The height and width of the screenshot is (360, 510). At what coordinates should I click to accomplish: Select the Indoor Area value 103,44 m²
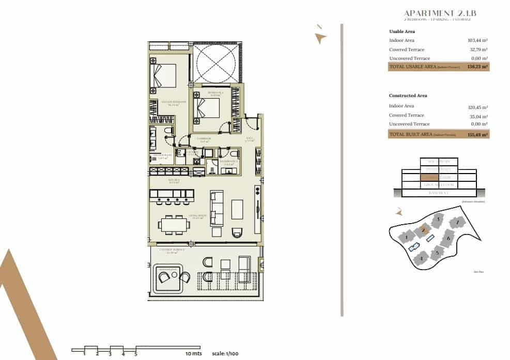pyautogui.click(x=478, y=40)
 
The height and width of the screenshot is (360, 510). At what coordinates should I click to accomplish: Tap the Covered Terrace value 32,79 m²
pyautogui.click(x=478, y=50)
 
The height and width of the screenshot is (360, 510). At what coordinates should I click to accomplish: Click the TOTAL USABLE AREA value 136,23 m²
pyautogui.click(x=477, y=67)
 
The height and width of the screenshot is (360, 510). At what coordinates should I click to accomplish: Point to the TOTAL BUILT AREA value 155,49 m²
pyautogui.click(x=477, y=134)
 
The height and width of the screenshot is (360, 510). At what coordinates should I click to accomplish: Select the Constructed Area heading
pyautogui.click(x=408, y=96)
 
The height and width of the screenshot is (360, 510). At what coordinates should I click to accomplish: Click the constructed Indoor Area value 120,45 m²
pyautogui.click(x=478, y=107)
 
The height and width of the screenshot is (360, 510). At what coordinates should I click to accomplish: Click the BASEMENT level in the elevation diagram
pyautogui.click(x=438, y=193)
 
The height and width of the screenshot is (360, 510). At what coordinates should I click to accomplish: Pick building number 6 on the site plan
pyautogui.click(x=449, y=239)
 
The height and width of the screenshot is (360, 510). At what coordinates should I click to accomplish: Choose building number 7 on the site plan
pyautogui.click(x=457, y=223)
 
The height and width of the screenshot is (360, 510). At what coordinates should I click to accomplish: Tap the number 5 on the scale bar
pyautogui.click(x=136, y=354)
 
